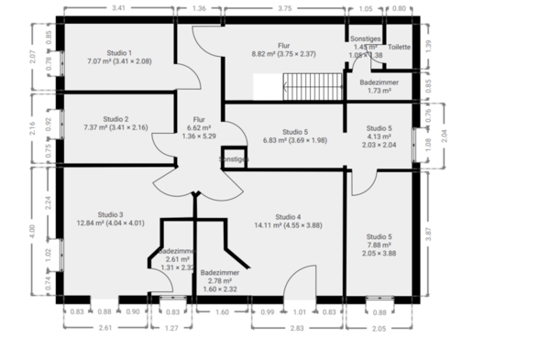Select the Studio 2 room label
click(x=115, y=123)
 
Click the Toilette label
click(x=399, y=47)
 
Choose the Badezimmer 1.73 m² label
click(x=373, y=86)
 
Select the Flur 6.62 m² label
click(x=199, y=127)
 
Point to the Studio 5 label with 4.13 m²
click(x=379, y=136)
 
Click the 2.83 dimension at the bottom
click(x=298, y=327)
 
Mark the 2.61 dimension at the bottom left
click(x=105, y=327)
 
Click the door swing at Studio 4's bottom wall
click(x=297, y=286)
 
